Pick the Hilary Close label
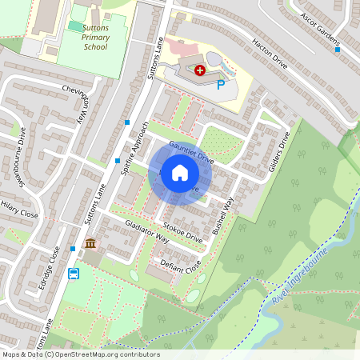(18, 210)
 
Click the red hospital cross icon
(199, 70)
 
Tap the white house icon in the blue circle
(180, 173)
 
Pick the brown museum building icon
(90, 243)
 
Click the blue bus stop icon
(74, 274)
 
